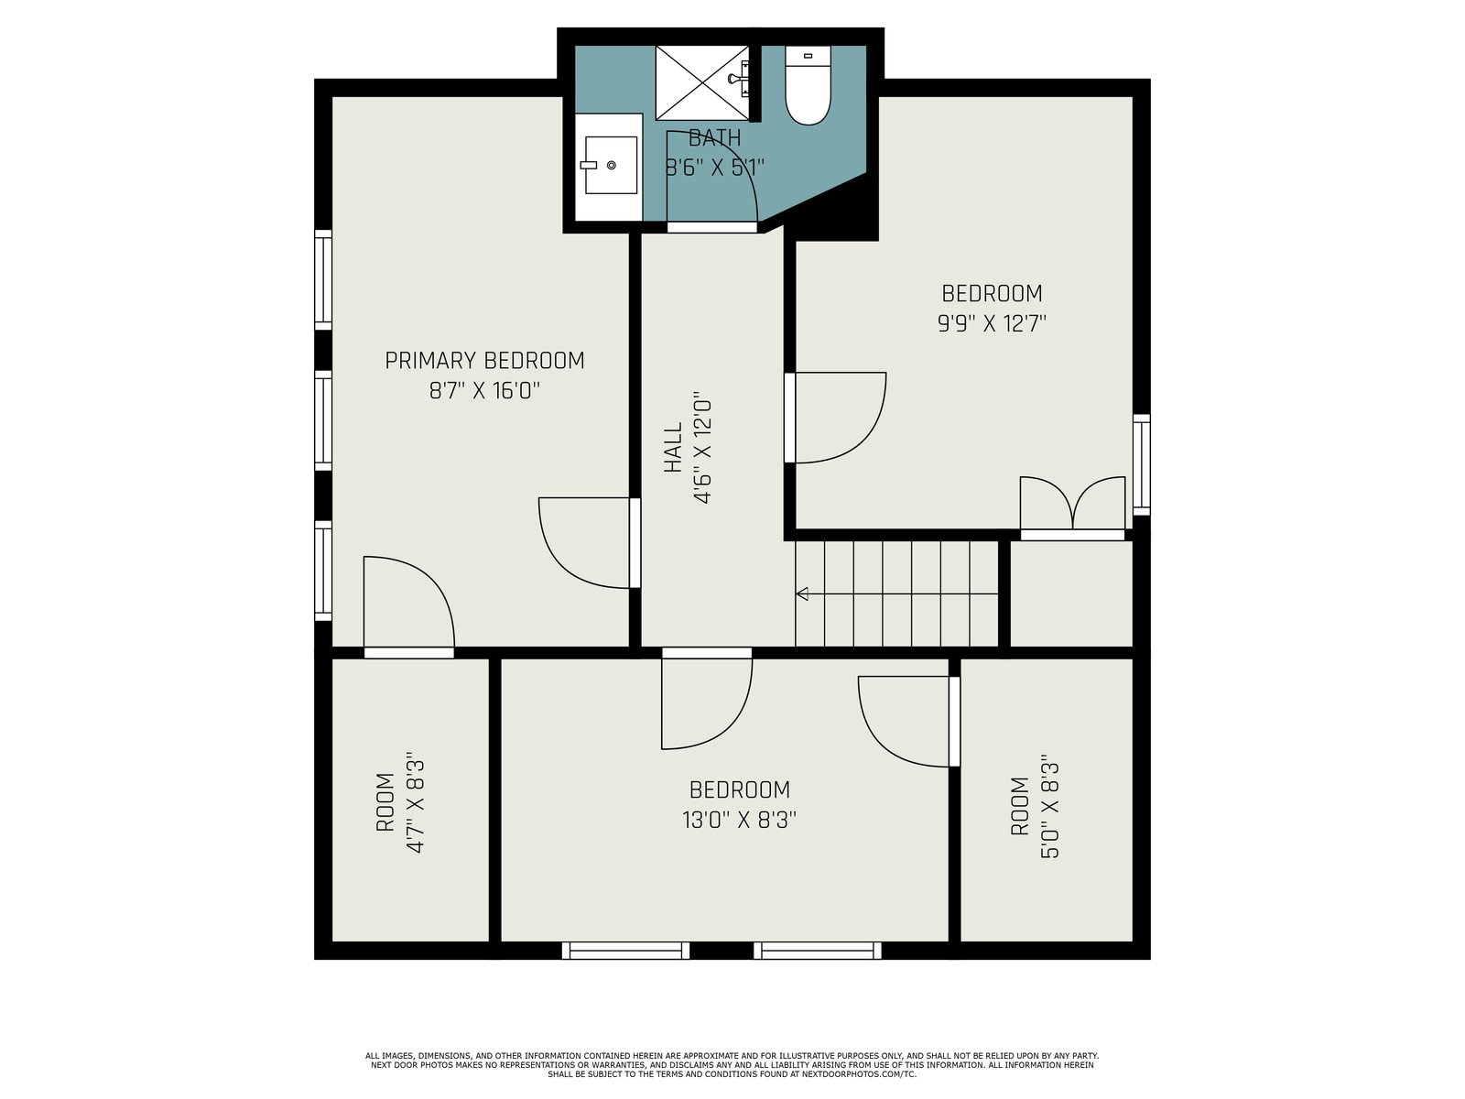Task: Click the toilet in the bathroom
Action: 808,85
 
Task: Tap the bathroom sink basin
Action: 611,165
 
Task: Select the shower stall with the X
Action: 702,82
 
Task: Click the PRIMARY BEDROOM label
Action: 484,360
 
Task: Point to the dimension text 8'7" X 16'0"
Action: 484,390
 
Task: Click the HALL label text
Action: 673,447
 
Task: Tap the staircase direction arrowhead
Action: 802,593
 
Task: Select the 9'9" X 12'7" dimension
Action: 992,323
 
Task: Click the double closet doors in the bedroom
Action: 1072,503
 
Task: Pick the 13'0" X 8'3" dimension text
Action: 740,820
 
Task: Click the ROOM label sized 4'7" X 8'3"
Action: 385,802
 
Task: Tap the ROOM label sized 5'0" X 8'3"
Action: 1019,806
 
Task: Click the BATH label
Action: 714,138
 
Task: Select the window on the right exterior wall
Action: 1142,464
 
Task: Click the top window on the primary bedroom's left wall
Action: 323,279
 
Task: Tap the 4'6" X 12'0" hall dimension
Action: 703,447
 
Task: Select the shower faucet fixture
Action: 740,79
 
